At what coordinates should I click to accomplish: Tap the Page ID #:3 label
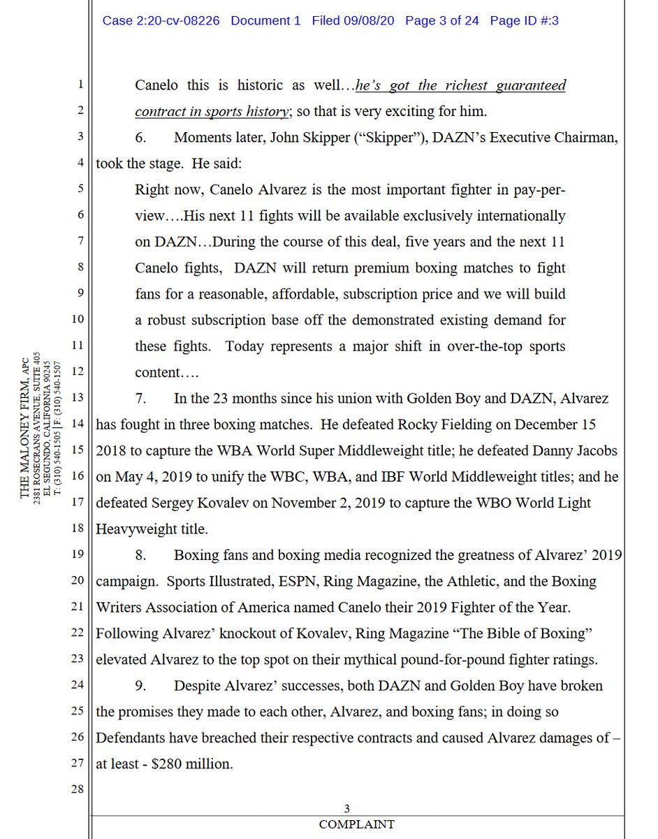pyautogui.click(x=524, y=20)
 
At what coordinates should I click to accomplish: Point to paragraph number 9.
pyautogui.click(x=140, y=686)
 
